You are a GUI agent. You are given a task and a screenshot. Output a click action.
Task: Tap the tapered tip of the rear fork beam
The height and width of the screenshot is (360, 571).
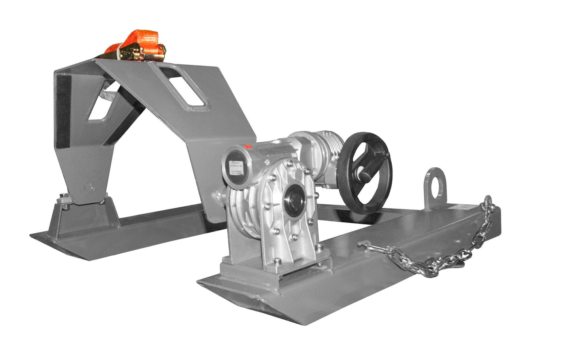tap(38, 236)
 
